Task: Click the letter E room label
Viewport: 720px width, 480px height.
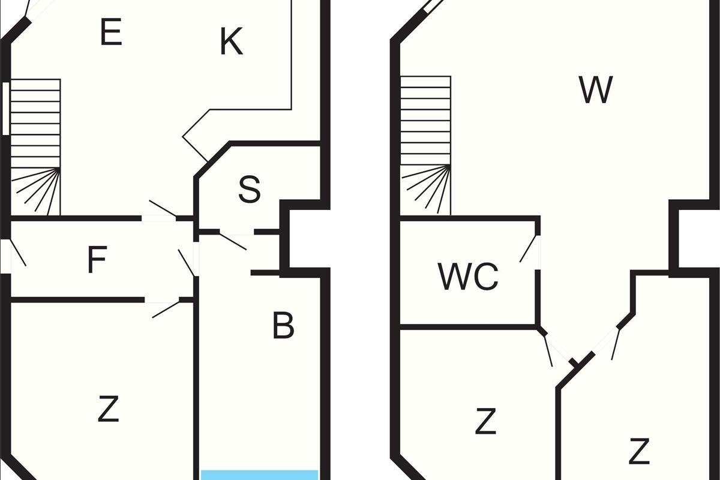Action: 111,32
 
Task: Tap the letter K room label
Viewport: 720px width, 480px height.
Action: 231,43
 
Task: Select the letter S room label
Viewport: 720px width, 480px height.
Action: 249,189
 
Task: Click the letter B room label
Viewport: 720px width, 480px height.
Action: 283,326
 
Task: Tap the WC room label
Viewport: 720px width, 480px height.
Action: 468,277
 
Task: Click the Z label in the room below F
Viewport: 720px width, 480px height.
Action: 108,410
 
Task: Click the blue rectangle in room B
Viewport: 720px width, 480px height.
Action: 259,475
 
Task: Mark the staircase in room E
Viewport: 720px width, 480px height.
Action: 36,147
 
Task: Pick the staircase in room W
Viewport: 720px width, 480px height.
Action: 425,145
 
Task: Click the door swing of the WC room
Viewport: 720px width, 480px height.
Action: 529,250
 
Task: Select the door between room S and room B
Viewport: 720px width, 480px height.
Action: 234,239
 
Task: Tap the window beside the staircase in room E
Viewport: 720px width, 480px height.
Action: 5,108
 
